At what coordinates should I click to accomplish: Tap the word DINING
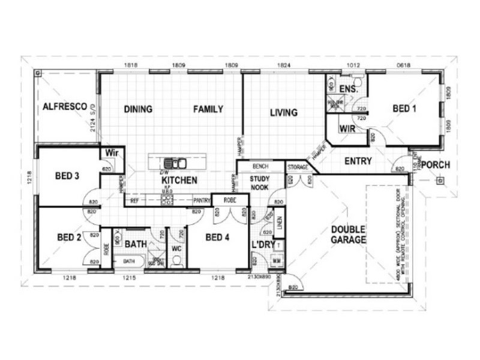[x=138, y=109]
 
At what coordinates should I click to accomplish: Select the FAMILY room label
[x=208, y=109]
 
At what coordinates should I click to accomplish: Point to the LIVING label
[x=283, y=112]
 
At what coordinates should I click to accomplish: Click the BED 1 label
[x=404, y=109]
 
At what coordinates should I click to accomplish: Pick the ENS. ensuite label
[x=348, y=90]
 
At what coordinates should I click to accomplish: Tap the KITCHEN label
[x=179, y=180]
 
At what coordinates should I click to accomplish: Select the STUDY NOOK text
[x=260, y=183]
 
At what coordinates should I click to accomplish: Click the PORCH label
[x=436, y=164]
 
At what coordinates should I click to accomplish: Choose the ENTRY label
[x=358, y=161]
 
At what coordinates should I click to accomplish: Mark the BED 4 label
[x=217, y=237]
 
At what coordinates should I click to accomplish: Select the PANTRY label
[x=200, y=201]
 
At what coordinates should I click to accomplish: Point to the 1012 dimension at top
[x=355, y=64]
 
